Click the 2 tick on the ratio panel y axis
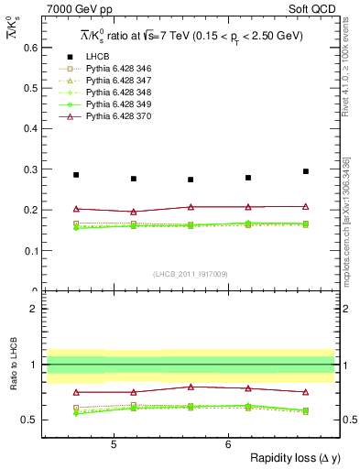(36, 310)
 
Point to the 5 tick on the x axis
(113, 444)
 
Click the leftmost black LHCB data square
(76, 175)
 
